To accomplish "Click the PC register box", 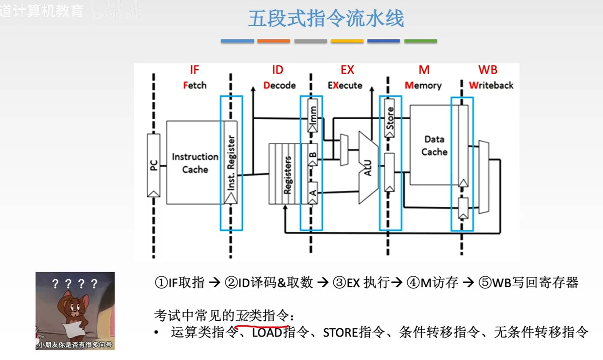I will pyautogui.click(x=153, y=165).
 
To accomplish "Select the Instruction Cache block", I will pyautogui.click(x=195, y=163).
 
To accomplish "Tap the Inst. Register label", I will pyautogui.click(x=231, y=163).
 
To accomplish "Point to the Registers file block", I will pyautogui.click(x=287, y=175).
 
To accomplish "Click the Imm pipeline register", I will pyautogui.click(x=313, y=115).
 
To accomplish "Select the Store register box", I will pyautogui.click(x=390, y=118).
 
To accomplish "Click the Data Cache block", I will pyautogui.click(x=434, y=145).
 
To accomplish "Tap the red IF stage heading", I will pyautogui.click(x=194, y=70).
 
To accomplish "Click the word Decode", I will pyautogui.click(x=279, y=86).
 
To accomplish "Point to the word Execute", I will pyautogui.click(x=345, y=86).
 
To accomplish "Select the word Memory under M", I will pyautogui.click(x=423, y=86).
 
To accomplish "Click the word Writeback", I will pyautogui.click(x=491, y=86).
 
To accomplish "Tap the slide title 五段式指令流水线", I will pyautogui.click(x=326, y=19).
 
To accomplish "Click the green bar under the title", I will pyautogui.click(x=420, y=41).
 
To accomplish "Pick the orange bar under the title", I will pyautogui.click(x=273, y=41).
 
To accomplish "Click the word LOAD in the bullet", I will pyautogui.click(x=267, y=333).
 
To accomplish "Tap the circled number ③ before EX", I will pyautogui.click(x=339, y=282).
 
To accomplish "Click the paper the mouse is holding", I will pyautogui.click(x=74, y=329).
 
